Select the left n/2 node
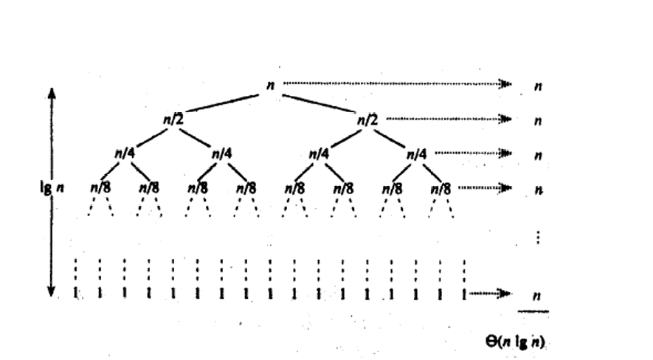click(173, 119)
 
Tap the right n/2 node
click(367, 119)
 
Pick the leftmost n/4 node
click(124, 153)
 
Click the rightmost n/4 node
click(416, 153)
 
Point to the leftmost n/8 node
click(100, 187)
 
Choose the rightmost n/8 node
click(440, 187)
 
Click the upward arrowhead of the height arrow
click(52, 91)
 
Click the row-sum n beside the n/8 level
click(539, 189)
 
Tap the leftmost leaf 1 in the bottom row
click(76, 294)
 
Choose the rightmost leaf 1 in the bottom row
click(464, 294)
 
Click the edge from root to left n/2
click(221, 102)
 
